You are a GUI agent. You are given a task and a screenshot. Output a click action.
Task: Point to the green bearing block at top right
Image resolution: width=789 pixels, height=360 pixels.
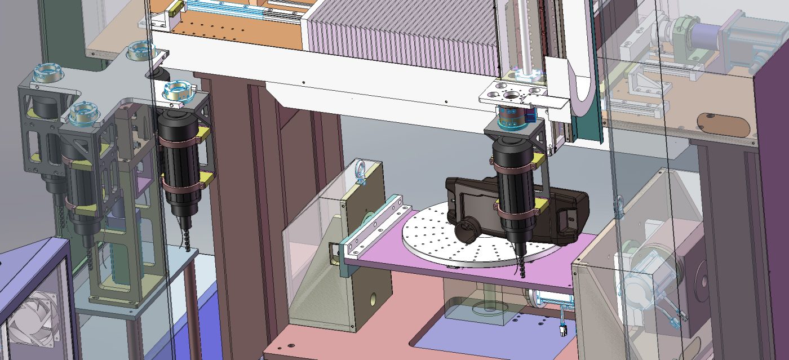[688, 37]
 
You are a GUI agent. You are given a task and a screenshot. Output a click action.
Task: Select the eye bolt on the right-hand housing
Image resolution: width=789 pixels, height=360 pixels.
[619, 207]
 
